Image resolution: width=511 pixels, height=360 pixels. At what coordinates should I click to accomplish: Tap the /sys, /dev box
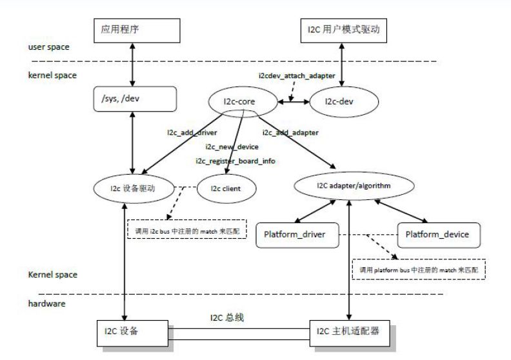134,99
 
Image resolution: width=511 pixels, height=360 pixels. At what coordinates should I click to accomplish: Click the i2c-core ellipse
242,101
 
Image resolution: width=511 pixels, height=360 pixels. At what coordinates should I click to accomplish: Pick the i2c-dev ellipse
342,101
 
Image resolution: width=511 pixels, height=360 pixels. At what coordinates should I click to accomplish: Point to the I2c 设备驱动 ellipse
134,189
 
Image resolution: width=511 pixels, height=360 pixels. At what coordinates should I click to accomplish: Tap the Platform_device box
441,235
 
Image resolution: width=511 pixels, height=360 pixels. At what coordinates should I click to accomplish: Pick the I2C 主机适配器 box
349,332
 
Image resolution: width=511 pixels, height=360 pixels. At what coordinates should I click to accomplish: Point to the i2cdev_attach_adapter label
297,76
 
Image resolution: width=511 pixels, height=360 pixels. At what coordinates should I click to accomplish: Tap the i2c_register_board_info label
235,160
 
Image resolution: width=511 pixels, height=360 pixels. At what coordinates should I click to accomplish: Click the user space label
49,47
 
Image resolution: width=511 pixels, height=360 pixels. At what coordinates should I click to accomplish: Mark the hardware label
46,303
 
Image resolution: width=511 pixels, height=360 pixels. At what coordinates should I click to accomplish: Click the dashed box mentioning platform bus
419,269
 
